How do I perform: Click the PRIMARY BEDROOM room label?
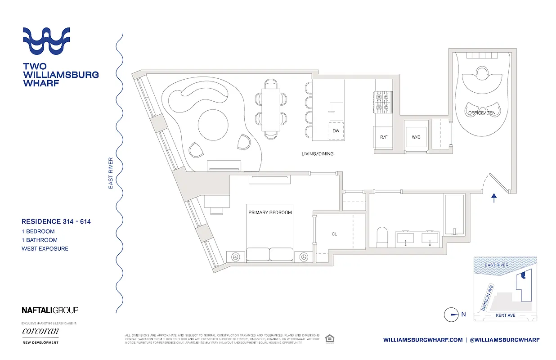(270, 212)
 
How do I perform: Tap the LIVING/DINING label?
(318, 154)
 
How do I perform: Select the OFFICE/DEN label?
(482, 112)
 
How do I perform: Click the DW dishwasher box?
(336, 131)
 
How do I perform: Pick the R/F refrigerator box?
(384, 137)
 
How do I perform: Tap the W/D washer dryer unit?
(416, 137)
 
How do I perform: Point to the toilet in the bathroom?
(382, 236)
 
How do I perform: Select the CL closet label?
(334, 234)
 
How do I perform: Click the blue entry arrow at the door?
(494, 198)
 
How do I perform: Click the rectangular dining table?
(271, 109)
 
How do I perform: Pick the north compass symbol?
(451, 315)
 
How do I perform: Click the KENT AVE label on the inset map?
(505, 315)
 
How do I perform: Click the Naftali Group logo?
(50, 310)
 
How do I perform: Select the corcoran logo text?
(40, 332)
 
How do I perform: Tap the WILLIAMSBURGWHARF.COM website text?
(422, 340)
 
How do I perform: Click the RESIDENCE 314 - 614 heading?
(57, 221)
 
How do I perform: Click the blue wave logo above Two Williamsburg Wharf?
(46, 40)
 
